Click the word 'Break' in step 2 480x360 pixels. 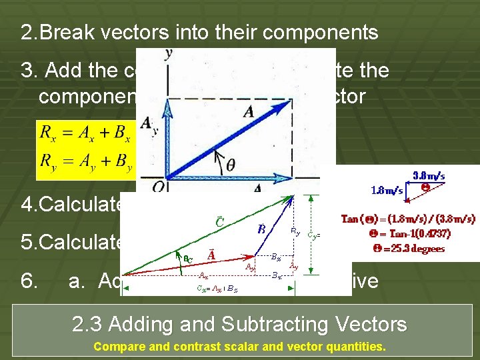click(81, 33)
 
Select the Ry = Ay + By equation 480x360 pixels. click(86, 163)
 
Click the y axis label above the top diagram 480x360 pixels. click(169, 54)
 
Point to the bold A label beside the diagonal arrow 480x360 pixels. click(249, 113)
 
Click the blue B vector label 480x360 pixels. click(262, 229)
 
